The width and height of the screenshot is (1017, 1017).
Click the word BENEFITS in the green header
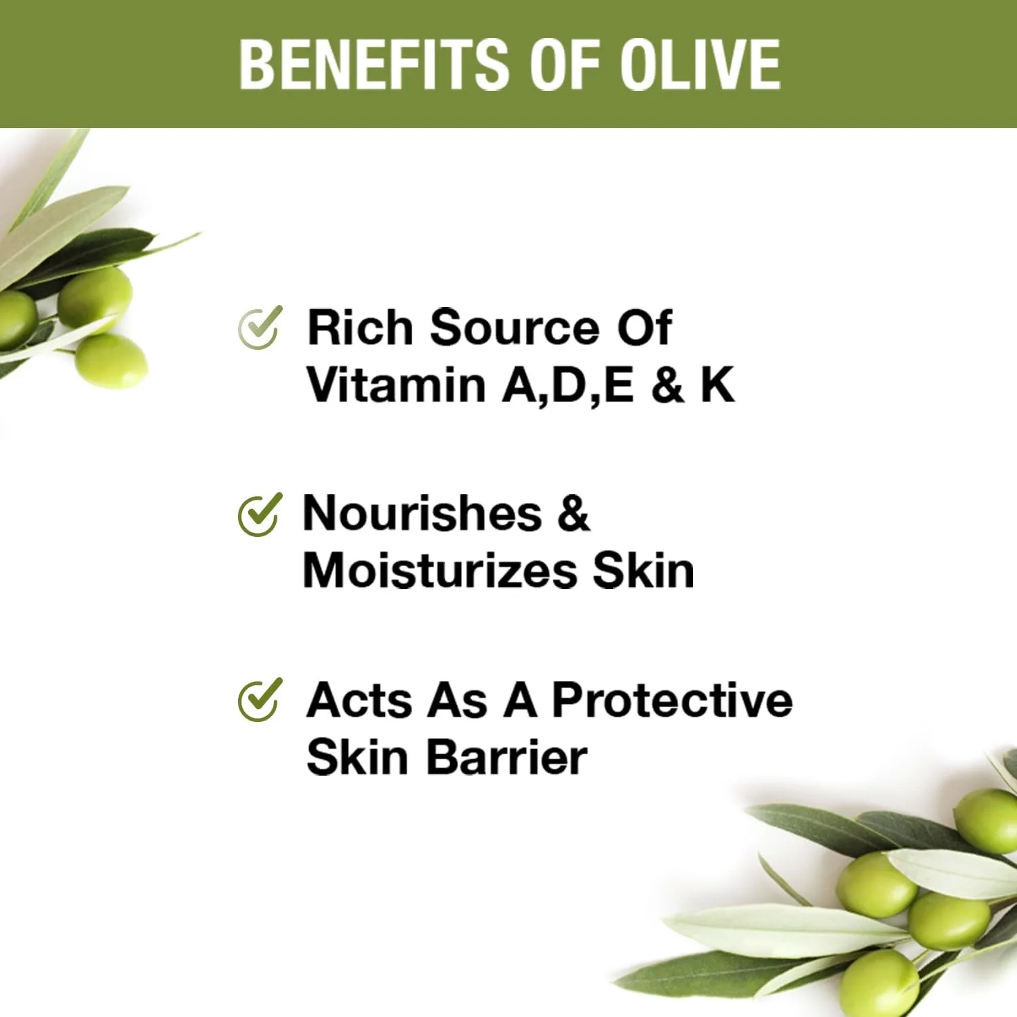tap(374, 64)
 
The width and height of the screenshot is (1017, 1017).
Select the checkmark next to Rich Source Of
tap(260, 327)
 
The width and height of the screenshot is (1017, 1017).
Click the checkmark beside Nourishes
tap(260, 514)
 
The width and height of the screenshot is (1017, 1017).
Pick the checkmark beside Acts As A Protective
tap(260, 700)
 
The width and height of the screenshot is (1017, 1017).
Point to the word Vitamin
tap(397, 385)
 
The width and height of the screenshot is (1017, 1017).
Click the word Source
tap(515, 328)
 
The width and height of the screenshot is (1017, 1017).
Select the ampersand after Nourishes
tap(574, 513)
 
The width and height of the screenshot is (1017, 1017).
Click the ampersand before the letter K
tap(667, 385)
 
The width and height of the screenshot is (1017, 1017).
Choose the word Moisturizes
tap(441, 571)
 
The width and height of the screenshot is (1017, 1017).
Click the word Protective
tap(673, 700)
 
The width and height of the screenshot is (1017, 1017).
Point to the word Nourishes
tap(422, 513)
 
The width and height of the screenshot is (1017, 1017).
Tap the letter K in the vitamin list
tap(717, 385)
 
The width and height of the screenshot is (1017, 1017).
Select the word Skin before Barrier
tap(357, 757)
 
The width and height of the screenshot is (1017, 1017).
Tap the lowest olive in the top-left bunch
tap(111, 361)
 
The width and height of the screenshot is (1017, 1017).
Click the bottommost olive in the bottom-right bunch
tap(879, 984)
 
